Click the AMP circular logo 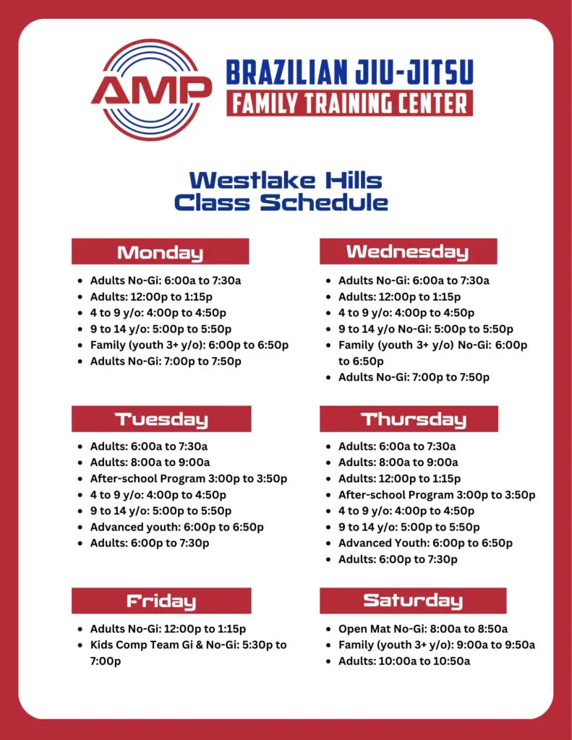pyautogui.click(x=151, y=90)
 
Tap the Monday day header pyautogui.click(x=160, y=251)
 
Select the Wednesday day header pyautogui.click(x=408, y=251)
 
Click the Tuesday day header pyautogui.click(x=161, y=418)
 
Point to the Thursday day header pyautogui.click(x=409, y=418)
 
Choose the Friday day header pyautogui.click(x=161, y=601)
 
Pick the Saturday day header pyautogui.click(x=413, y=601)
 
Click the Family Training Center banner pyautogui.click(x=349, y=103)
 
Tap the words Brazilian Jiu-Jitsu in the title pyautogui.click(x=349, y=72)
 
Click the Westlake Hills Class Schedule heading pyautogui.click(x=281, y=191)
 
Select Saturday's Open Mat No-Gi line pyautogui.click(x=423, y=629)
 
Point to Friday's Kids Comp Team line pyautogui.click(x=189, y=653)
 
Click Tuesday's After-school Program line pyautogui.click(x=189, y=478)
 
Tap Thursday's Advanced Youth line pyautogui.click(x=425, y=543)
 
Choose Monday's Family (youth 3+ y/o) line pyautogui.click(x=189, y=345)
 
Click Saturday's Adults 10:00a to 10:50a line pyautogui.click(x=404, y=661)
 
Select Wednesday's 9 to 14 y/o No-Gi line pyautogui.click(x=426, y=329)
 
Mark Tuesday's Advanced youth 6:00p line pyautogui.click(x=176, y=527)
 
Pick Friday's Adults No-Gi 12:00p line pyautogui.click(x=168, y=629)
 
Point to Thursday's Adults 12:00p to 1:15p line pyautogui.click(x=399, y=478)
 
